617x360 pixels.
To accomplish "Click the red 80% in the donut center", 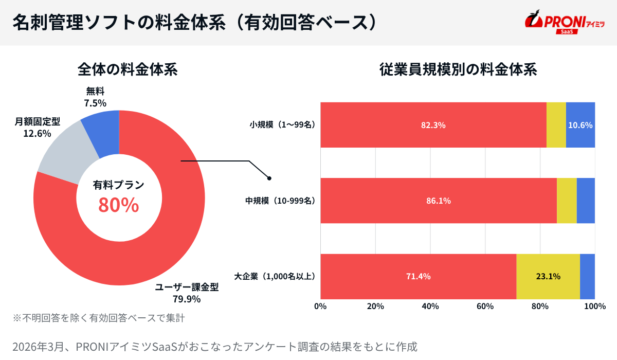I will click(x=119, y=205).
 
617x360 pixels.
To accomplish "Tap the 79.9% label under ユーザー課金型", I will click(x=187, y=299).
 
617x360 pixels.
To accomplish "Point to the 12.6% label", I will click(x=38, y=134).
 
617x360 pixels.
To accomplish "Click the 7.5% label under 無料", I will click(x=95, y=103).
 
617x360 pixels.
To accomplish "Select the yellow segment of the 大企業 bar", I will click(x=548, y=276).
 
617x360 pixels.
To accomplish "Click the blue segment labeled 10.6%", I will click(x=580, y=125).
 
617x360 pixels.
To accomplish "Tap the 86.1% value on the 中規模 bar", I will click(x=438, y=201).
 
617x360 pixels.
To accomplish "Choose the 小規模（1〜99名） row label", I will click(x=282, y=125).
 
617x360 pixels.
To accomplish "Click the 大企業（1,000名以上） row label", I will click(x=275, y=276).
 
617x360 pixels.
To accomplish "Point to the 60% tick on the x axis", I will click(x=485, y=307).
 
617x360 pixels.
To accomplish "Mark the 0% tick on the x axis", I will click(x=320, y=307).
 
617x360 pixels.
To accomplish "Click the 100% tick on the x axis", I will click(x=595, y=307).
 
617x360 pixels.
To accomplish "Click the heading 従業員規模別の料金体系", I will click(x=458, y=69).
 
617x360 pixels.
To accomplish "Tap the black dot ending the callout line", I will click(x=269, y=178).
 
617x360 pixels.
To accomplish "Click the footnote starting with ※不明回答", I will click(x=99, y=318).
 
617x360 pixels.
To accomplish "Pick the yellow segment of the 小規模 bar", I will click(x=556, y=125).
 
